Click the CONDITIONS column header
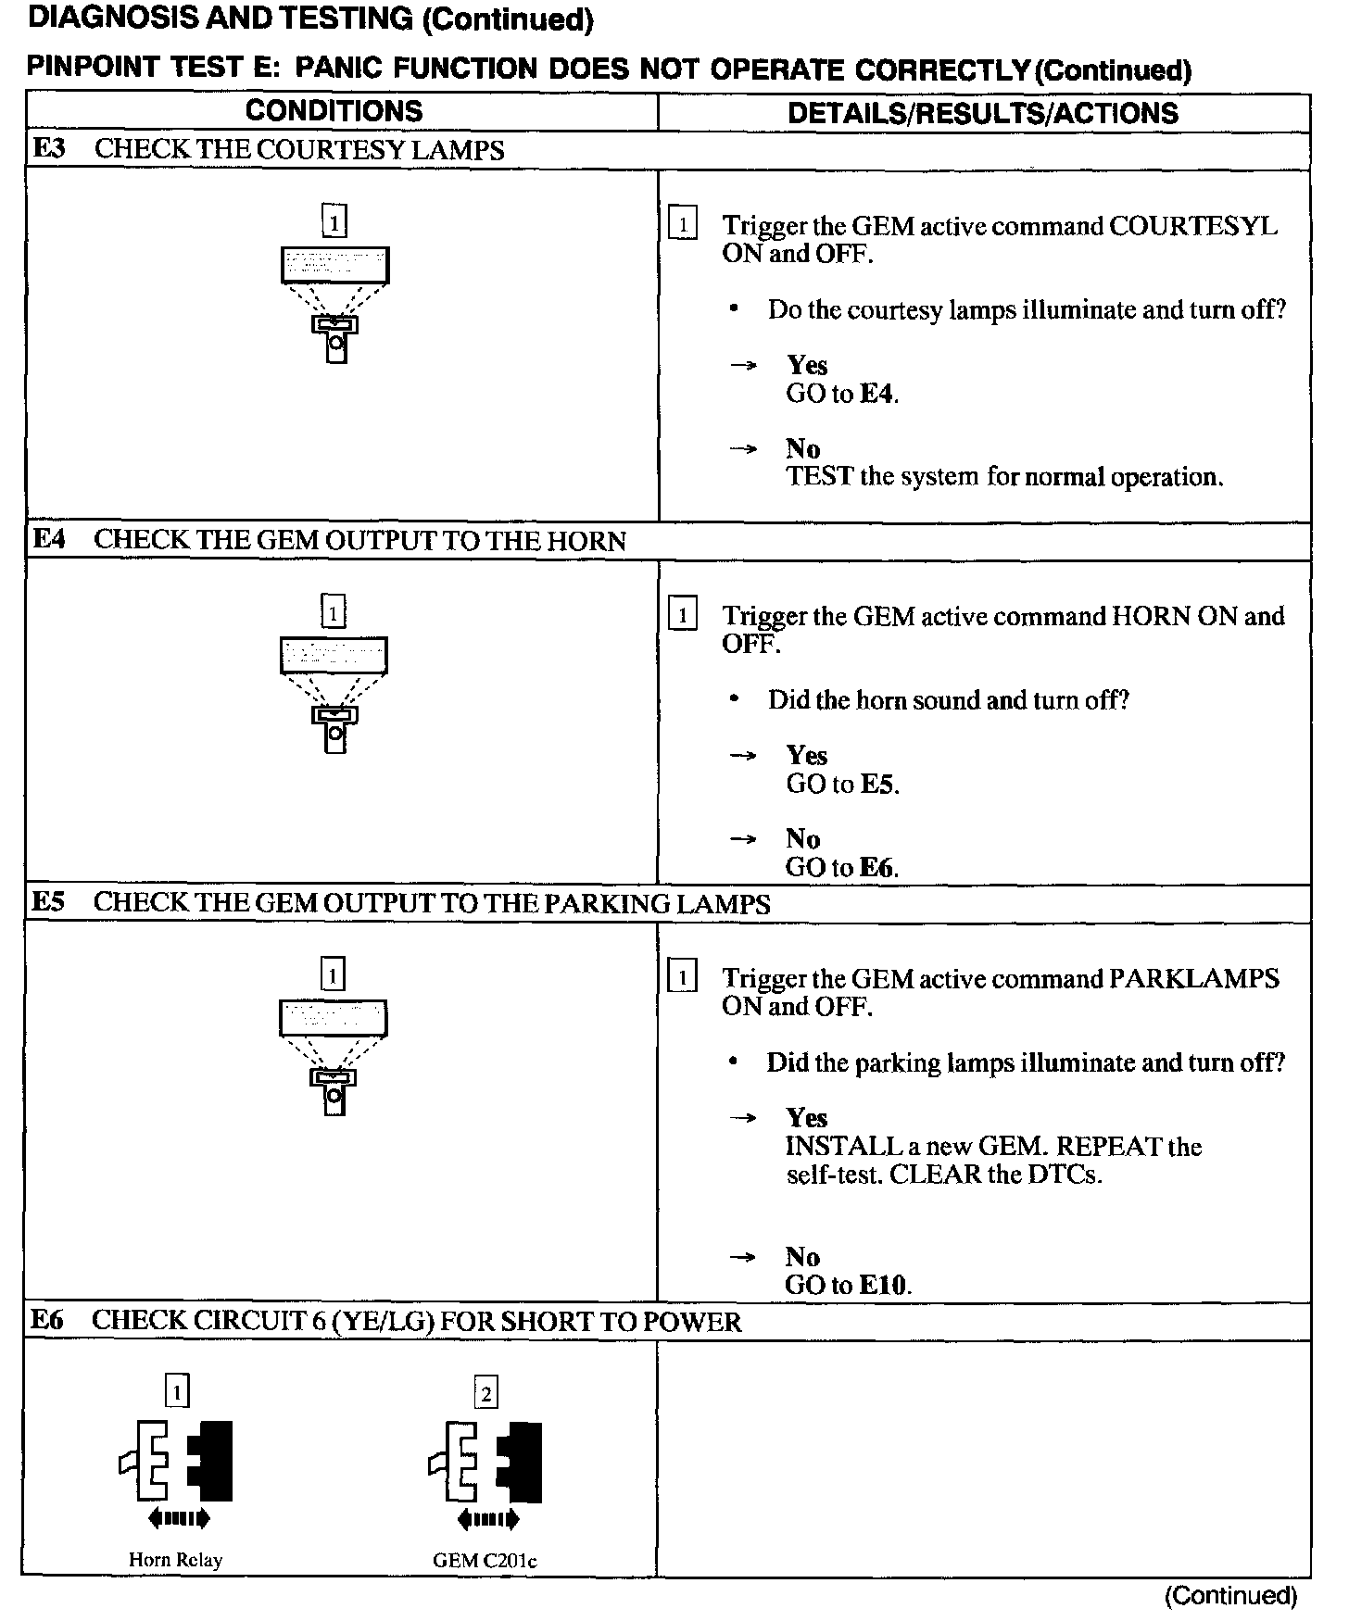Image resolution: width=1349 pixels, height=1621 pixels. [334, 111]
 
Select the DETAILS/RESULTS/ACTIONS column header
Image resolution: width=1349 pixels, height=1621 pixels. [982, 113]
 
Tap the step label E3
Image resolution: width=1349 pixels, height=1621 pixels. [49, 149]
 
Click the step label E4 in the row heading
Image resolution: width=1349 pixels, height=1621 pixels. [49, 540]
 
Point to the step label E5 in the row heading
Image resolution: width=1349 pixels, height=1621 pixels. [49, 902]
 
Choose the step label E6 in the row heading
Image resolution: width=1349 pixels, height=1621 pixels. [47, 1320]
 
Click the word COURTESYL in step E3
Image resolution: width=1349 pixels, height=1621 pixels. [1193, 226]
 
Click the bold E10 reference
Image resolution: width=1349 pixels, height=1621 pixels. [884, 1285]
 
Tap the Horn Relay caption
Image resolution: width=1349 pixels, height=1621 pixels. [175, 1560]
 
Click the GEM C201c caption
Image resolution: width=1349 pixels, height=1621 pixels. [485, 1561]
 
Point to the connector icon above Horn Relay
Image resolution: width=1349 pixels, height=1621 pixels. [176, 1460]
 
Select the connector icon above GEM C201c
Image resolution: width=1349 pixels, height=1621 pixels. [485, 1461]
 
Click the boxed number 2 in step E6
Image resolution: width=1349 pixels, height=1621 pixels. [485, 1393]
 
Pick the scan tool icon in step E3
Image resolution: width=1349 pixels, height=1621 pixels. [334, 301]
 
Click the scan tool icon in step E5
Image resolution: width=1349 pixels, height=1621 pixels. [333, 1054]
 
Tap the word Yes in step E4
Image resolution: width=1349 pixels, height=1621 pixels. [806, 756]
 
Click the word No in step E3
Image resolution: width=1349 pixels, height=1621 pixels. [802, 449]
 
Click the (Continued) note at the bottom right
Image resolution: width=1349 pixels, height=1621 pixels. [1230, 1595]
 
